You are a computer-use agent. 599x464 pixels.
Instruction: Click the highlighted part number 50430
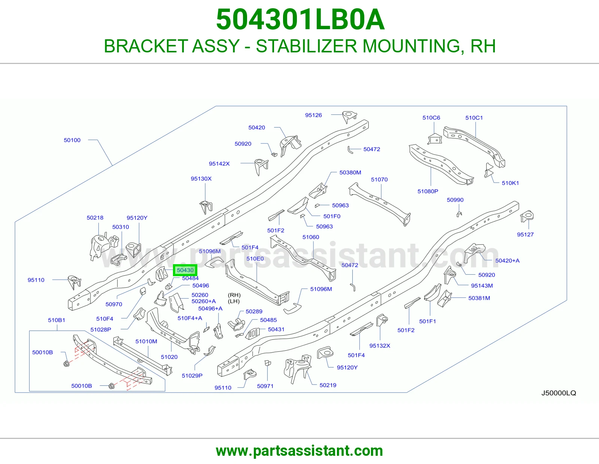coord(185,270)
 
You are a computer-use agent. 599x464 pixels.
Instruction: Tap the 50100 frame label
coord(72,140)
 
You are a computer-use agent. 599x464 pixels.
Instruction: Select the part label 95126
coord(313,115)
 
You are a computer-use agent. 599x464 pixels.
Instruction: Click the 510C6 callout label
coord(431,117)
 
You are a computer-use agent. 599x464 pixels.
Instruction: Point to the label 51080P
coord(428,191)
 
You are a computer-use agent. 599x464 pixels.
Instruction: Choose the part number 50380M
coord(350,173)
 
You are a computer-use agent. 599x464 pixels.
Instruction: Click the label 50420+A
coord(507,261)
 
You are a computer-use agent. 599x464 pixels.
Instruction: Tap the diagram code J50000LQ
coord(559,393)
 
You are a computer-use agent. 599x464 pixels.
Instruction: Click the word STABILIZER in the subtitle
coord(307,46)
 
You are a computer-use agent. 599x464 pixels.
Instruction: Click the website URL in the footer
coord(299,451)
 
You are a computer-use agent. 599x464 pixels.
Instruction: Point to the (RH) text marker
coord(234,295)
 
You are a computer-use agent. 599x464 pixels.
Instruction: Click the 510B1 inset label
coord(57,320)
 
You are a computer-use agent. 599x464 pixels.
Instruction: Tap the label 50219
coord(328,385)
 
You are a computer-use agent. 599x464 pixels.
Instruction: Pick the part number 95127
coord(525,235)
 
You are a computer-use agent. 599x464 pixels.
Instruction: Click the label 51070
coord(379,180)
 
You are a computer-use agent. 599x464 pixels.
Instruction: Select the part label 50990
coord(455,200)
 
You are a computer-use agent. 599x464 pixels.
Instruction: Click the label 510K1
coord(510,183)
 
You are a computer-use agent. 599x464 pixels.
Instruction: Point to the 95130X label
coord(201,179)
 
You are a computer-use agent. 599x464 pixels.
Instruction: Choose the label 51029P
coord(192,376)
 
